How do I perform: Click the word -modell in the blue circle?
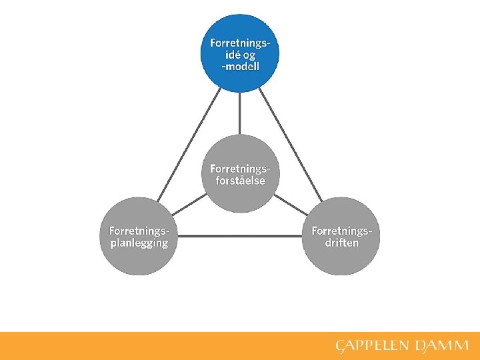(x=240, y=67)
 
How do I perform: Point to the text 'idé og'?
(x=240, y=55)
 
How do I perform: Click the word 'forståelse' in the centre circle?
(x=240, y=181)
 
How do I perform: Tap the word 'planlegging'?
(x=139, y=243)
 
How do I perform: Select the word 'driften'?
(x=341, y=243)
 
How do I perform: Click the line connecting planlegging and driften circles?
(x=240, y=236)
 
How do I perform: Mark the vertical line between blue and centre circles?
(x=240, y=113)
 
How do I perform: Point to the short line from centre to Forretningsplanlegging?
(x=190, y=204)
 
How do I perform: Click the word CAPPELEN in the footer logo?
(x=373, y=346)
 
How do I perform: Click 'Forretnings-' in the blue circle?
(x=240, y=43)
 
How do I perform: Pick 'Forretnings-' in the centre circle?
(x=240, y=168)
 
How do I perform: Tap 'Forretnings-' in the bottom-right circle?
(x=341, y=231)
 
